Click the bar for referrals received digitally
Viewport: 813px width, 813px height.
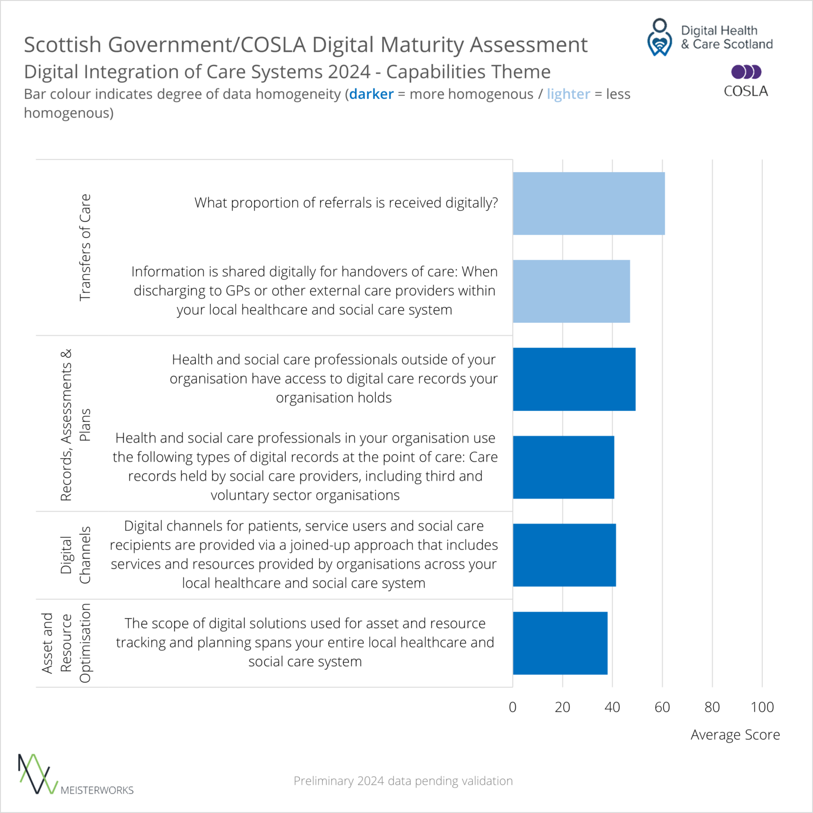(589, 203)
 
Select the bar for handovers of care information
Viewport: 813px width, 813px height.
(571, 291)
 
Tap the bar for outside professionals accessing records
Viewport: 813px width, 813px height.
(574, 379)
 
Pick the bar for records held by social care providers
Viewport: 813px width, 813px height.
(563, 467)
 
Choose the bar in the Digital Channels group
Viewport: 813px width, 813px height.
(564, 555)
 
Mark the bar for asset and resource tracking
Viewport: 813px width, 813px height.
(560, 643)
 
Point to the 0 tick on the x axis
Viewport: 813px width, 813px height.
(512, 707)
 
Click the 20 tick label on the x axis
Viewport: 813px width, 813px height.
(562, 707)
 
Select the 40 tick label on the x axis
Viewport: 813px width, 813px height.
(612, 707)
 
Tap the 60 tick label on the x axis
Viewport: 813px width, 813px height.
(662, 707)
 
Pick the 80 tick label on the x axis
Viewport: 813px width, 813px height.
(712, 707)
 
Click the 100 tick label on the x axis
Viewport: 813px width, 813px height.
(762, 707)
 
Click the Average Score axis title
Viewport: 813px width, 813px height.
(735, 735)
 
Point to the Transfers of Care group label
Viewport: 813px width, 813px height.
(85, 247)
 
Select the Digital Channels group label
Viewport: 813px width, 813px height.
(75, 555)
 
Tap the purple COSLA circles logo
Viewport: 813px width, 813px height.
(746, 72)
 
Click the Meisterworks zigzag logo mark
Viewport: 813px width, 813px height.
(37, 774)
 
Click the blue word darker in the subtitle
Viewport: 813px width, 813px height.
(371, 94)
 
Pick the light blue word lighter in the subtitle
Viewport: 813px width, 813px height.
(568, 94)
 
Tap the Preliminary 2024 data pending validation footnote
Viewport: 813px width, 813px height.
(403, 781)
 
